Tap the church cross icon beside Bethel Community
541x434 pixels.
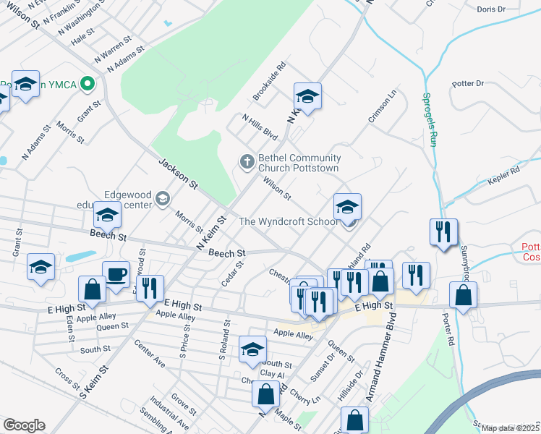click(x=247, y=161)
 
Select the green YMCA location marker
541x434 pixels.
click(x=88, y=84)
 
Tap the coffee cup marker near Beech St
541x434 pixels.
click(x=116, y=275)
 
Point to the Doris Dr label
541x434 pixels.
click(x=491, y=9)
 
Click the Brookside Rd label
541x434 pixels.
click(x=270, y=80)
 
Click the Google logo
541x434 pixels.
click(x=24, y=425)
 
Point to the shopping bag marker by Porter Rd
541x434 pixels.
click(x=463, y=296)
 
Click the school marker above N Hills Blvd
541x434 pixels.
click(x=307, y=96)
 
